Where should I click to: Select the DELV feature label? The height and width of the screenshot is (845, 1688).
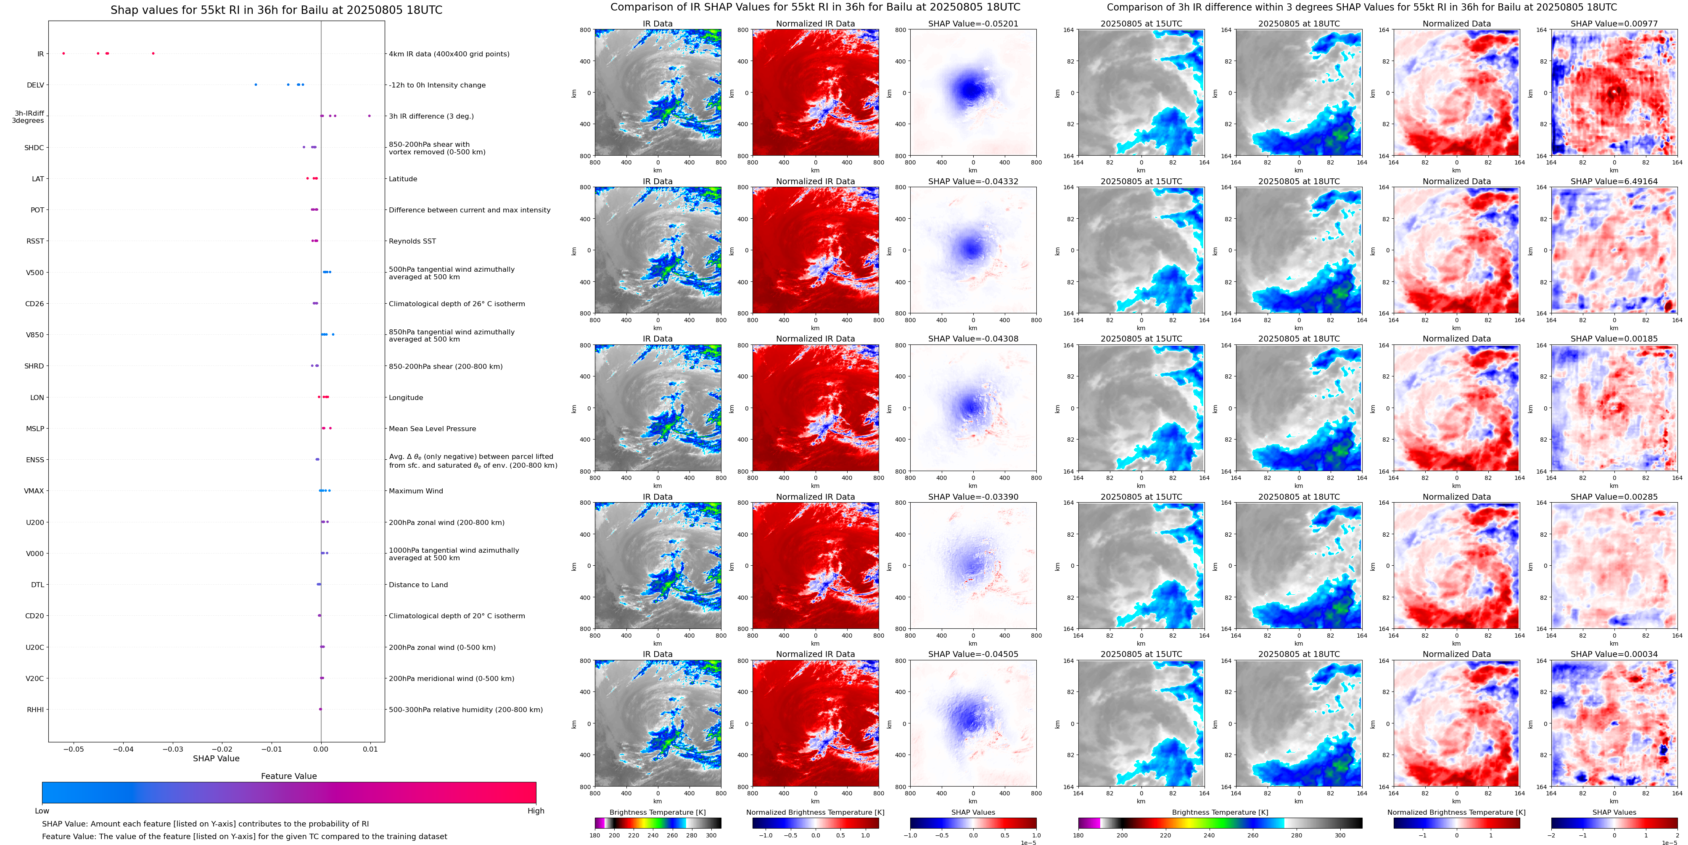pos(35,85)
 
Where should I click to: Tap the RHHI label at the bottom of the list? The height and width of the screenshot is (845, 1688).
pos(35,709)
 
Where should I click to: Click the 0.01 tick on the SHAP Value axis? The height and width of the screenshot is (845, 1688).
pos(370,749)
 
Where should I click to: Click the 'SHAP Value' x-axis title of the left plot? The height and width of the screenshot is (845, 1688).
pos(216,758)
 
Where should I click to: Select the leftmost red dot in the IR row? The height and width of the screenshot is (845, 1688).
pos(63,53)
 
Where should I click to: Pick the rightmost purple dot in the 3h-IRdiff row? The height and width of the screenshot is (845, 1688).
pos(369,116)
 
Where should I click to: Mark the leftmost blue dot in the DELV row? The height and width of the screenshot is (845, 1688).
pos(256,85)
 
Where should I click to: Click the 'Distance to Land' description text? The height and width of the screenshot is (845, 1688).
pos(418,585)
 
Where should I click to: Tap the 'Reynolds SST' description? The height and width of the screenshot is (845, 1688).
pos(412,241)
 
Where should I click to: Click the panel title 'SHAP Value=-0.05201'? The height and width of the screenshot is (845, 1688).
pos(973,24)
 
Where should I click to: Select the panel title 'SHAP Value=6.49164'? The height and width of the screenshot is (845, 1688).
pos(1614,182)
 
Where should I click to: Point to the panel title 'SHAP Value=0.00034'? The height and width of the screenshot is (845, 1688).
pos(1614,654)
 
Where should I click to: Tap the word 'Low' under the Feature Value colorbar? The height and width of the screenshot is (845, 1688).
pos(42,811)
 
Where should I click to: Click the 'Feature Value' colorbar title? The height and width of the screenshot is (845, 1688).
pos(289,776)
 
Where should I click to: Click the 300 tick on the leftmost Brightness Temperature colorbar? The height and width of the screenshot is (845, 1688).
pos(711,835)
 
